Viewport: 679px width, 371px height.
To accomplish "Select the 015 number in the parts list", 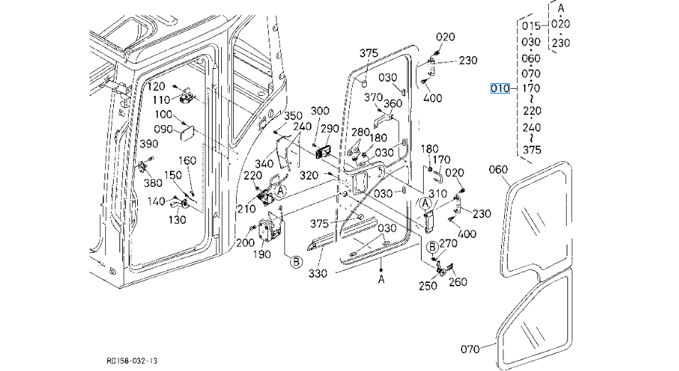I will (x=531, y=26).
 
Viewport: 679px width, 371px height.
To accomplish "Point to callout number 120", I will (x=156, y=86).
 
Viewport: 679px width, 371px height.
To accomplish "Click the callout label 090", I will (x=164, y=129).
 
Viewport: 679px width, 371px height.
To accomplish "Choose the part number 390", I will (x=148, y=144).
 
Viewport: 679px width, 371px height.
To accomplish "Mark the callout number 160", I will (x=187, y=161).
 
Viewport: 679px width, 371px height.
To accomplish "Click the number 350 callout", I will (x=294, y=116).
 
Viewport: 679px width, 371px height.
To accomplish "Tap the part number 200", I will (x=245, y=243).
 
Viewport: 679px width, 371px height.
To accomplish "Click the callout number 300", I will (x=320, y=111).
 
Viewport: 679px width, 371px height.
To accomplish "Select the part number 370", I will (x=373, y=97).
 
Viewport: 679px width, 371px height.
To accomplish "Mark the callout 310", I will (x=437, y=194).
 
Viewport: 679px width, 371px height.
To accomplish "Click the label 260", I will (x=459, y=281).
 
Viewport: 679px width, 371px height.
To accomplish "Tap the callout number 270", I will (x=449, y=243).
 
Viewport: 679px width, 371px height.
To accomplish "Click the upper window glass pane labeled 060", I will (x=540, y=220).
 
